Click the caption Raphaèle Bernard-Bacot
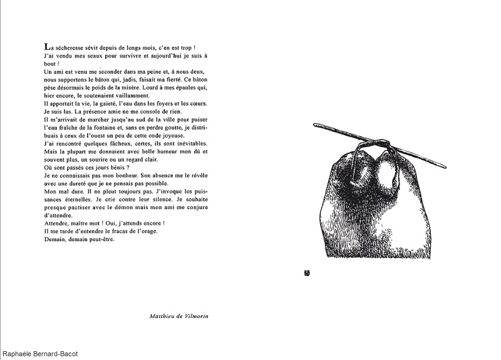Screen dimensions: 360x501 (39, 354)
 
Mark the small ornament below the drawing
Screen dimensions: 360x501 (307, 272)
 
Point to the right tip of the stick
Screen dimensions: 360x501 (445, 167)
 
